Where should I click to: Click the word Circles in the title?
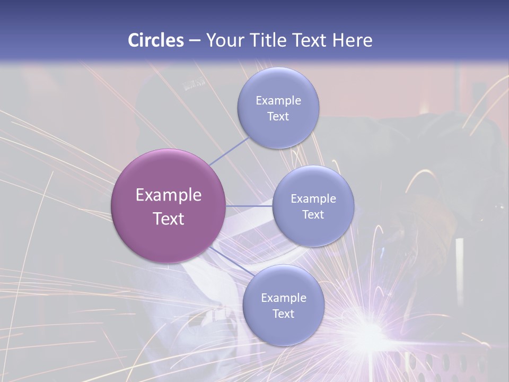click(x=156, y=40)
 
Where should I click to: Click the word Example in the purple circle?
click(x=169, y=195)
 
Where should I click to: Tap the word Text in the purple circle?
click(x=169, y=219)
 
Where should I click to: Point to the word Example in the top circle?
click(x=278, y=101)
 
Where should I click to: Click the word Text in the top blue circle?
click(x=278, y=117)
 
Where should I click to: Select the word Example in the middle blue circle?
click(x=313, y=199)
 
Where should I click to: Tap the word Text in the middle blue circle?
click(x=313, y=215)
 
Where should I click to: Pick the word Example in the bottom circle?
click(x=284, y=298)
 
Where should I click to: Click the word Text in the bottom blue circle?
click(x=284, y=314)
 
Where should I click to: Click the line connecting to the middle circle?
click(x=249, y=206)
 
